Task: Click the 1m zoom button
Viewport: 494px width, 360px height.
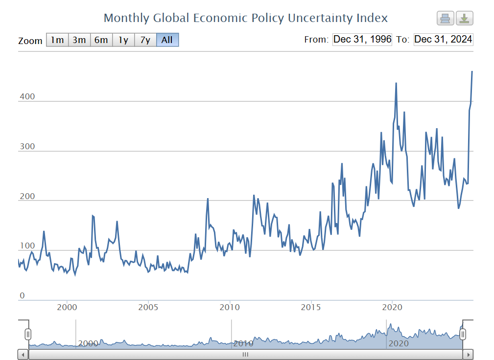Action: (57, 40)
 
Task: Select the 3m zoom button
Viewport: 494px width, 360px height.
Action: (79, 40)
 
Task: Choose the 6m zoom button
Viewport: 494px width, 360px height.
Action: (101, 40)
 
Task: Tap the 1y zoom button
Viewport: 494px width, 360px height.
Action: (123, 40)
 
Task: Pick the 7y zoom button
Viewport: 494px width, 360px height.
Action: (145, 40)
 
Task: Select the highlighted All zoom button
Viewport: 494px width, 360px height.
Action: (167, 40)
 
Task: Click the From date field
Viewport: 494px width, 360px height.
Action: (362, 40)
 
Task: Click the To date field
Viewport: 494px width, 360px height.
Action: (443, 40)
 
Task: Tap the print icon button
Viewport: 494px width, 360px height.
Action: (445, 19)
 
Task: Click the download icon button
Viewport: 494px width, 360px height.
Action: (465, 19)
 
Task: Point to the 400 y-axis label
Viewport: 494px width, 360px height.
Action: (27, 97)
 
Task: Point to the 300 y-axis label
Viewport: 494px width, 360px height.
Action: (27, 147)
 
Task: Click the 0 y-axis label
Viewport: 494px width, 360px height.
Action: (22, 295)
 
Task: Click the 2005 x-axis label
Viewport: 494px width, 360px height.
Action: (148, 307)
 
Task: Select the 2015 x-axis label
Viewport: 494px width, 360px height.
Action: (311, 307)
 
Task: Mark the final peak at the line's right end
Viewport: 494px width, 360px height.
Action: (472, 71)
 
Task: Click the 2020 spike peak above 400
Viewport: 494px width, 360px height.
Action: (396, 83)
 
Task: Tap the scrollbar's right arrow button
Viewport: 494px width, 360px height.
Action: (469, 355)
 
